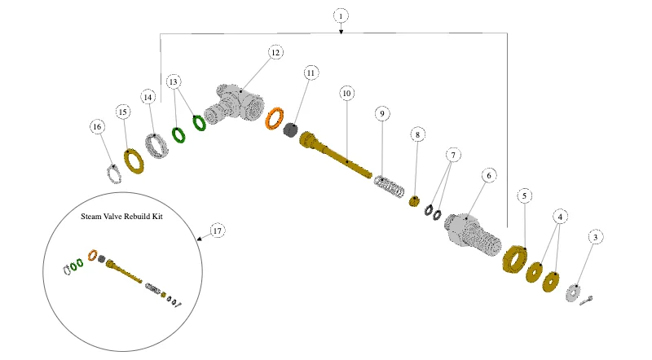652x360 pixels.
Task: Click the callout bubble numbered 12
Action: (x=275, y=52)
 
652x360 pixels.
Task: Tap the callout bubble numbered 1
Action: (x=341, y=16)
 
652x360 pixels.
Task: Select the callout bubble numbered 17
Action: (x=218, y=230)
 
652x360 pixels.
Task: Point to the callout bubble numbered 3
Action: (x=596, y=237)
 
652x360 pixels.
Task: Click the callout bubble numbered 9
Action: (x=382, y=114)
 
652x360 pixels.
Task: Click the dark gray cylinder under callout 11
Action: (x=291, y=130)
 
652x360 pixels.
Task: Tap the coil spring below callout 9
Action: (x=390, y=187)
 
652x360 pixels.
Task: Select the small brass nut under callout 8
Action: (x=414, y=202)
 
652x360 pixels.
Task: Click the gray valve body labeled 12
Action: (x=234, y=103)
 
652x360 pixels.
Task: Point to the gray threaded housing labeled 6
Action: (x=473, y=235)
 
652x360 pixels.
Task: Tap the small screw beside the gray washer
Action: (x=586, y=301)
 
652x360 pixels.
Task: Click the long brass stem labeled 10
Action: (x=335, y=156)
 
